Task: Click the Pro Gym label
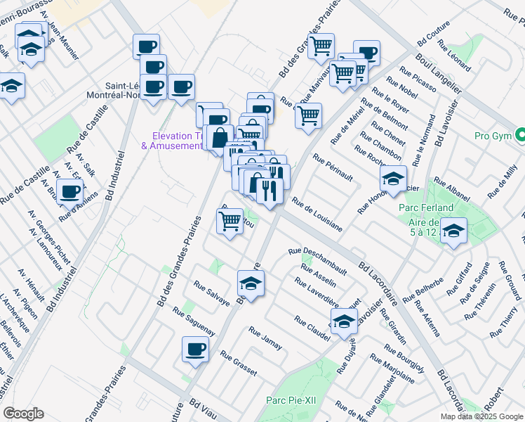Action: pyautogui.click(x=492, y=135)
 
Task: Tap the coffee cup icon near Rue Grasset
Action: pyautogui.click(x=195, y=348)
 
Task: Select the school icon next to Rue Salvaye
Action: pyautogui.click(x=250, y=283)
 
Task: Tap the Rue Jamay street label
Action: pyautogui.click(x=265, y=338)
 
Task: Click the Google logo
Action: pyautogui.click(x=23, y=414)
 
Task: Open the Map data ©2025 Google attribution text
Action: pyautogui.click(x=481, y=416)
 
